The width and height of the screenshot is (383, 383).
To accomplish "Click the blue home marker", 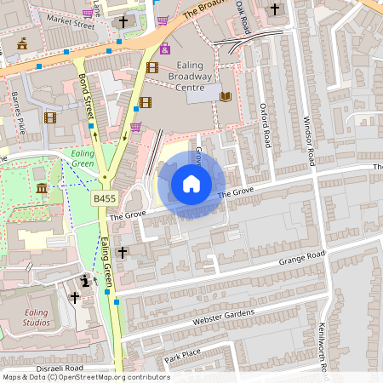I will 191,184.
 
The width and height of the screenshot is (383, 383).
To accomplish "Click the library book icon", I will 226,97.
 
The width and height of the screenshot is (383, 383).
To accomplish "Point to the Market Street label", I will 71,24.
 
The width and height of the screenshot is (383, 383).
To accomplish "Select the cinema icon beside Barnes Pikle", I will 50,117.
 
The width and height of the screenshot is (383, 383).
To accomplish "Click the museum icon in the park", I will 42,187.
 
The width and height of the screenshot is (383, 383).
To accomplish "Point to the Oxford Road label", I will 266,124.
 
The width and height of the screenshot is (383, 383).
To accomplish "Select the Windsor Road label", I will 310,140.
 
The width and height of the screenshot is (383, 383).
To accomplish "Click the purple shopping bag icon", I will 164,49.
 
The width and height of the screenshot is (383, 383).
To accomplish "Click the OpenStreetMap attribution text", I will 86,376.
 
